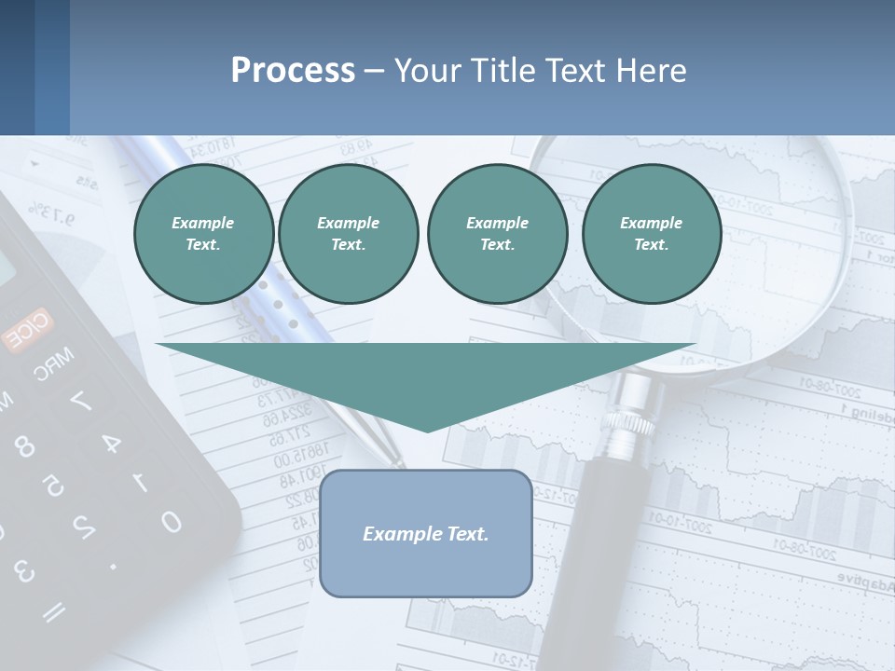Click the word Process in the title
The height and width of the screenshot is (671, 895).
pos(293,70)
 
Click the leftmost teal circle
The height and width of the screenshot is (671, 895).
pos(203,234)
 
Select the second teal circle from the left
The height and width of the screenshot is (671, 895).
pos(348,234)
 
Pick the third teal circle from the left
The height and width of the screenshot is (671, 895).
pos(497,234)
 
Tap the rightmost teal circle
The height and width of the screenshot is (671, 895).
pos(652,234)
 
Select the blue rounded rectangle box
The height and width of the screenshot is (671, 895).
pos(426,533)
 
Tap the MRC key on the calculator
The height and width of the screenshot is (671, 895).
pos(54,364)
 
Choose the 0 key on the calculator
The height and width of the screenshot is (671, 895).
pos(171,521)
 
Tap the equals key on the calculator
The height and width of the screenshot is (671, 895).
pos(54,610)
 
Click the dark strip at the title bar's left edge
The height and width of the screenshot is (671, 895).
pos(17,67)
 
